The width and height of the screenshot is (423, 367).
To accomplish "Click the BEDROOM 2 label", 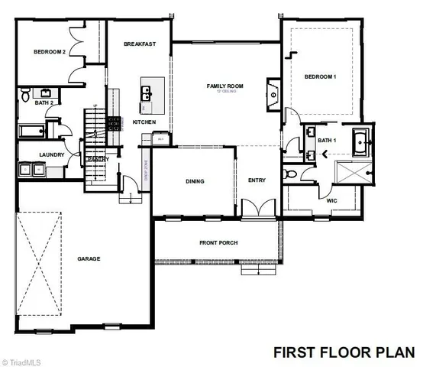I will click(50, 52).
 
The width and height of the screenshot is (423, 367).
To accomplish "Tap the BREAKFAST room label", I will click(140, 44).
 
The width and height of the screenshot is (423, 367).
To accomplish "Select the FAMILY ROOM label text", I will click(224, 86).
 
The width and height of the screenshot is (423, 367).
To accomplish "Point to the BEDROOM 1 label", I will click(320, 76).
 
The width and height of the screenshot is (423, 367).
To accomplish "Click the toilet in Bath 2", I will click(25, 96).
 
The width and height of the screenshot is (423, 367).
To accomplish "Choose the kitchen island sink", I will click(144, 93).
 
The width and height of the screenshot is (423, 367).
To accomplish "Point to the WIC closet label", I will click(331, 201).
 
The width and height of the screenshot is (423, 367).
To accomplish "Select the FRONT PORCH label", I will click(218, 243).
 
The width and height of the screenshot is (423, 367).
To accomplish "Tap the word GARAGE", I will click(89, 259).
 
